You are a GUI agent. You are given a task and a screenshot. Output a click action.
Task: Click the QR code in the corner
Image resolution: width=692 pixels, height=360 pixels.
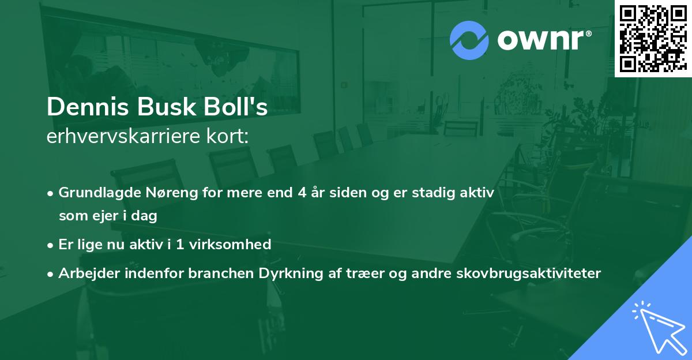click(652, 38)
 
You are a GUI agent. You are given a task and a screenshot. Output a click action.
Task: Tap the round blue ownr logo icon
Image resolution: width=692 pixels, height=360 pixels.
click(469, 40)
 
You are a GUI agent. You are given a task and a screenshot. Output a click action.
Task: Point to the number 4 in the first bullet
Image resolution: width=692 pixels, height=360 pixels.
click(302, 193)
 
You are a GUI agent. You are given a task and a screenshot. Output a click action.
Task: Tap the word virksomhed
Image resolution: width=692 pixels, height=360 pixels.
click(236, 245)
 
